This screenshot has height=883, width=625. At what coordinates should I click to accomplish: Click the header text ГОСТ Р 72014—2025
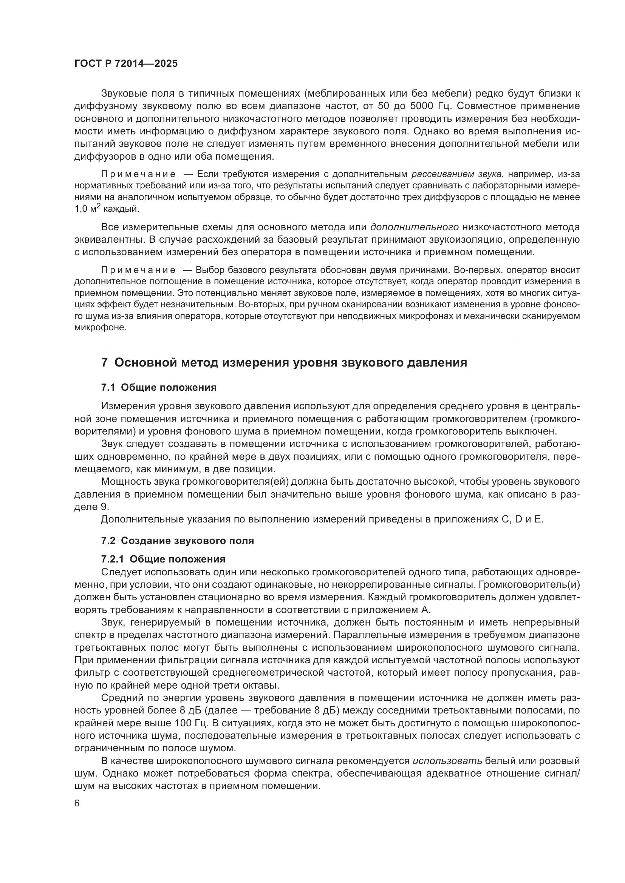(x=126, y=63)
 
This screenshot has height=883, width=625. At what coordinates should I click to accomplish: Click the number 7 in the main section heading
(x=104, y=363)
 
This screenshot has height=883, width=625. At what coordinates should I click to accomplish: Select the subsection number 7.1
(x=108, y=387)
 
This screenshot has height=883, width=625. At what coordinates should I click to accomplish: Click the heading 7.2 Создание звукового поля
(x=178, y=540)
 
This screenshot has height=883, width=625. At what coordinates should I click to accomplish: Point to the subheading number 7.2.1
(x=113, y=559)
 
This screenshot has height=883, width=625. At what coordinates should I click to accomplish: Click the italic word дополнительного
(x=414, y=227)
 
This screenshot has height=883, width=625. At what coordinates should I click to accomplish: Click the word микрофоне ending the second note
(x=100, y=328)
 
